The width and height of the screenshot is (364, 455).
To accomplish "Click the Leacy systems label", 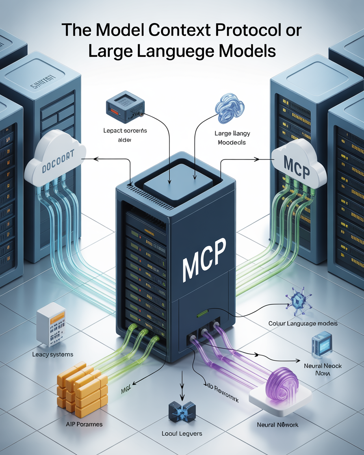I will click(x=53, y=354).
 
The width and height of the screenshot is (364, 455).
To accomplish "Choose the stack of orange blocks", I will click(x=81, y=388).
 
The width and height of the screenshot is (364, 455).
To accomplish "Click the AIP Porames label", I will click(x=84, y=424).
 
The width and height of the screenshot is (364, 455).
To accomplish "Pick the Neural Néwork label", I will click(x=278, y=425).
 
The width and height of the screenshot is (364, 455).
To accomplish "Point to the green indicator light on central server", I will click(x=203, y=314).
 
